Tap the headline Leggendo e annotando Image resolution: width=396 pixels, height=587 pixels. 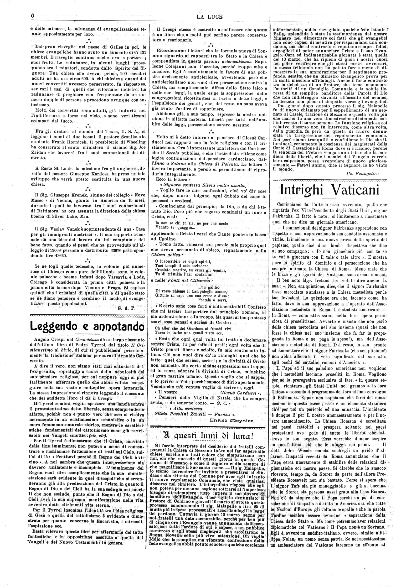[x=88, y=327]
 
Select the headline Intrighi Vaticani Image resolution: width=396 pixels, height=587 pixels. [x=330, y=190]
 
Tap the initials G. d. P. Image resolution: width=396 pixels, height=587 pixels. [x=126, y=308]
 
